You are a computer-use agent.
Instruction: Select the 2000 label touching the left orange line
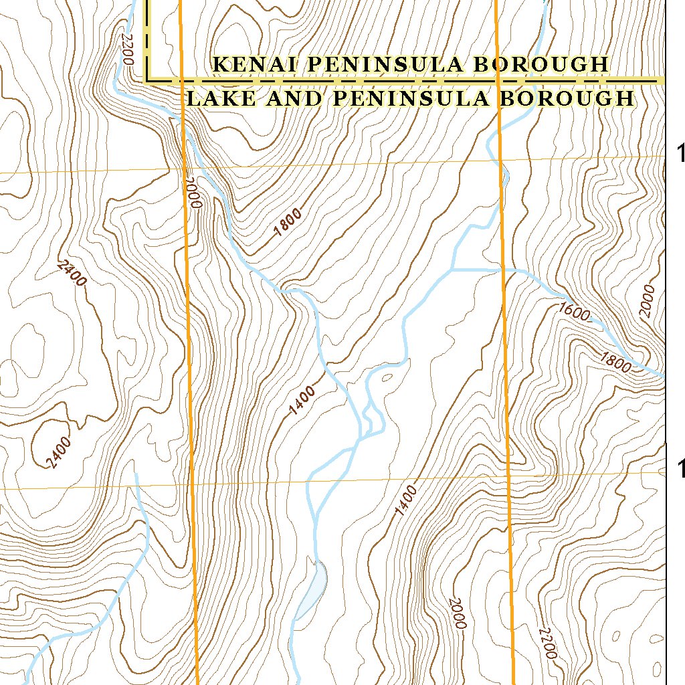pos(193,193)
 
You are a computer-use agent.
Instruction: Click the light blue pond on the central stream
pos(312,589)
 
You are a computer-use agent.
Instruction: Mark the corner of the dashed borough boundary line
pos(149,80)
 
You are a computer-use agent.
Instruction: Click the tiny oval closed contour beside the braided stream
pos(386,378)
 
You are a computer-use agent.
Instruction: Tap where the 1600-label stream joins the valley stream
pos(453,270)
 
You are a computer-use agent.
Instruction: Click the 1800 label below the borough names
pos(288,223)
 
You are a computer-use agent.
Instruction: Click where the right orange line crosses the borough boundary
pos(498,80)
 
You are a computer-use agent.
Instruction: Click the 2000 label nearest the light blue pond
pos(457,613)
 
